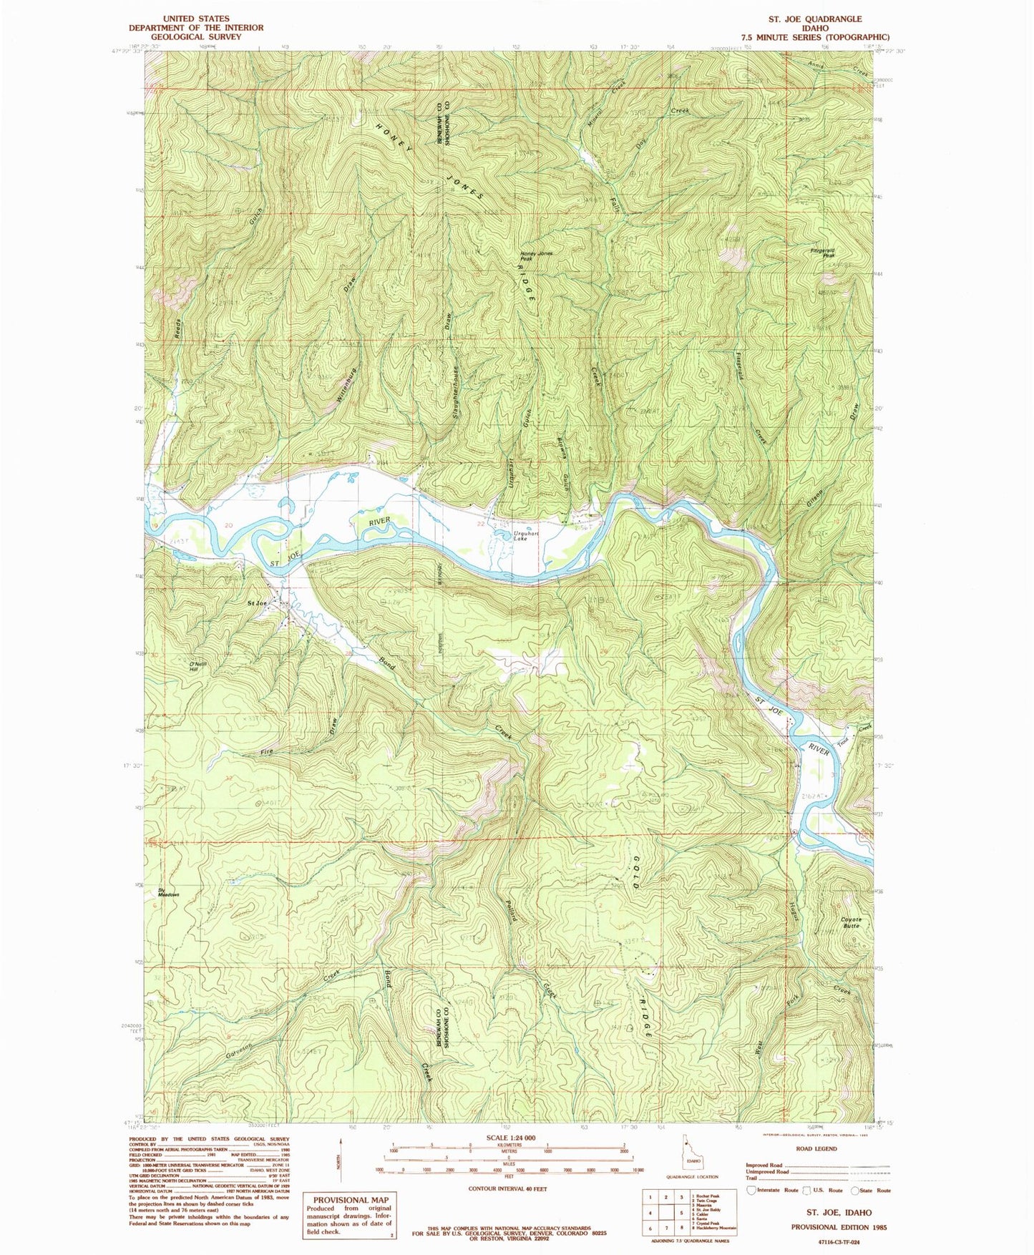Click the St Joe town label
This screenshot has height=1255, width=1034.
coord(257,604)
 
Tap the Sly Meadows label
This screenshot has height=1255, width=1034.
coord(168,892)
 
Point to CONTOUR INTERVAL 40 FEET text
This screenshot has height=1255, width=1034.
coord(509,1188)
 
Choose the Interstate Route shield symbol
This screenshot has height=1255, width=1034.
coord(751,1190)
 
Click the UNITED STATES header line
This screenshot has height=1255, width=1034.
coord(196,19)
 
